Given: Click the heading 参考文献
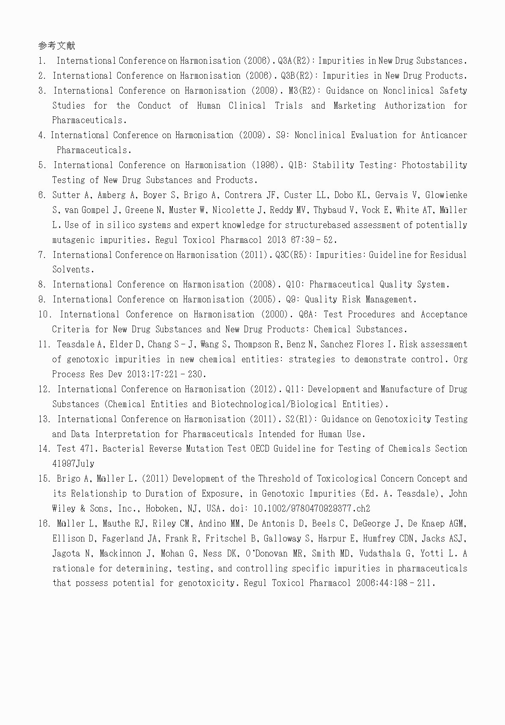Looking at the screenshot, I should (56, 45).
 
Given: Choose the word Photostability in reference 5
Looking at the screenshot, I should (434, 165).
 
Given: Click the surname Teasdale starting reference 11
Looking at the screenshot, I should (76, 344).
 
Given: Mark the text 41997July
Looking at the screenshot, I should (73, 464).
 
